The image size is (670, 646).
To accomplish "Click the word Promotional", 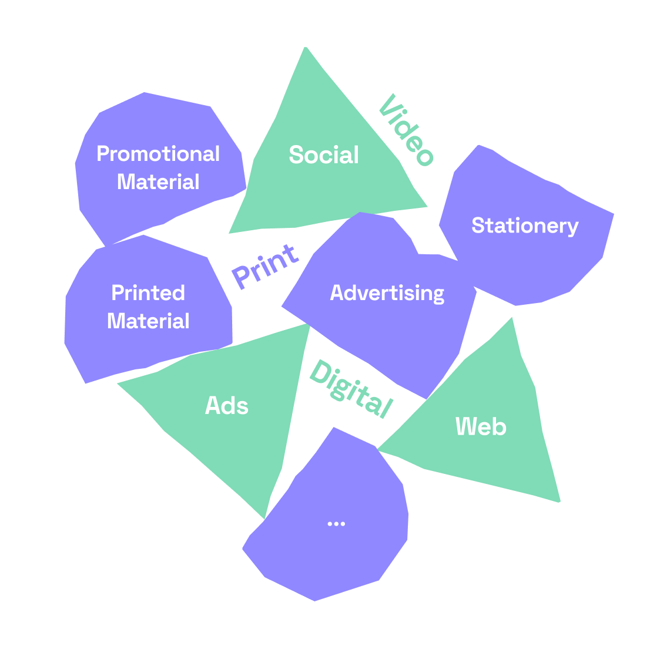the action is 158,154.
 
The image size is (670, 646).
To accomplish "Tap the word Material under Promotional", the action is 158,182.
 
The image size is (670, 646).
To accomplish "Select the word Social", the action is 324,154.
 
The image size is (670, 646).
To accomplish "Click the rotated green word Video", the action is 407,130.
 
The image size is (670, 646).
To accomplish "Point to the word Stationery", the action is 525,226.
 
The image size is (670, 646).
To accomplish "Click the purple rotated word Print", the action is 265,267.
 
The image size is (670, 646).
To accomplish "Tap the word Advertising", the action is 387,293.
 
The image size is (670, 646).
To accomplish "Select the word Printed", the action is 148,293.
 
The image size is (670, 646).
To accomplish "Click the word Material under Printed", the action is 148,321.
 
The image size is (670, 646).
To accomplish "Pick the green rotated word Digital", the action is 351,389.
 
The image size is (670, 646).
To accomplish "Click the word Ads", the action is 226,405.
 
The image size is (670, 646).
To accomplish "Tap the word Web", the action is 481,426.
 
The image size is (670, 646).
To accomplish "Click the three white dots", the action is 336,524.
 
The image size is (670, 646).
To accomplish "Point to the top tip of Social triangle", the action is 306,48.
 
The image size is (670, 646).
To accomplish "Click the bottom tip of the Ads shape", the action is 264,519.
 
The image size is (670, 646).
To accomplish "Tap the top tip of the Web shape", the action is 512,318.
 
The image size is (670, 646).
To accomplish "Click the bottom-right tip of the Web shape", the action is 559,502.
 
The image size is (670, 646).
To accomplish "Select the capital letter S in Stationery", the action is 478,226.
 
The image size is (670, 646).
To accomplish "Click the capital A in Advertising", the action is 337,293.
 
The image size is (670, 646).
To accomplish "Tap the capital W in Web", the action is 465,426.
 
